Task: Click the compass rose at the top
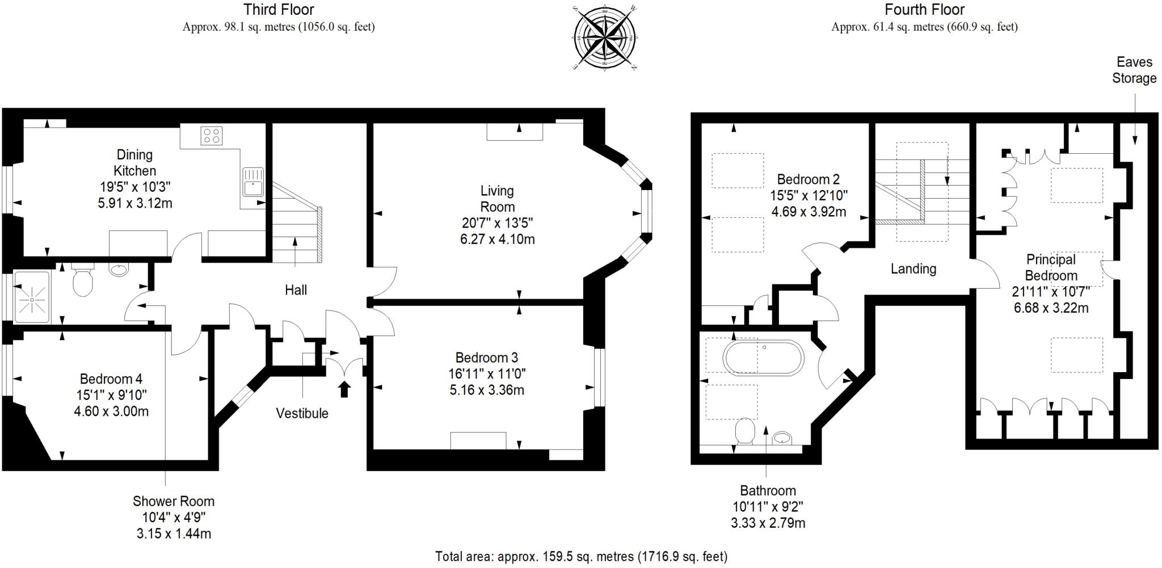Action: coord(604,37)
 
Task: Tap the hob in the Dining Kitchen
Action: coord(211,136)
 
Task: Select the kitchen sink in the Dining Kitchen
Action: coord(252,181)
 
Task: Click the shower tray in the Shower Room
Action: coord(32,297)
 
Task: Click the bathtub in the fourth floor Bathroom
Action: coord(763,357)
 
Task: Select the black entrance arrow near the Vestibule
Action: coord(344,389)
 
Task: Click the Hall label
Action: coord(296,291)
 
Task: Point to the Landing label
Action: coord(913,269)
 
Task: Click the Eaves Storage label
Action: coord(1134,70)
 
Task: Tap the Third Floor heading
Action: coord(279,10)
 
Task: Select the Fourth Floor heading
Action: coord(924,10)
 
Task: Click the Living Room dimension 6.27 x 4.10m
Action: coord(497,239)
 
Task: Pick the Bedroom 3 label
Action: coord(486,357)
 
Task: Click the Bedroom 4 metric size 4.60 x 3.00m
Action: coord(111,411)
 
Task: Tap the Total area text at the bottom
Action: coord(581,556)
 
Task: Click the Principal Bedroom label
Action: coord(1051,267)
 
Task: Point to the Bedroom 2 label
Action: coord(808,179)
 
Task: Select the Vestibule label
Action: coord(302,413)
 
